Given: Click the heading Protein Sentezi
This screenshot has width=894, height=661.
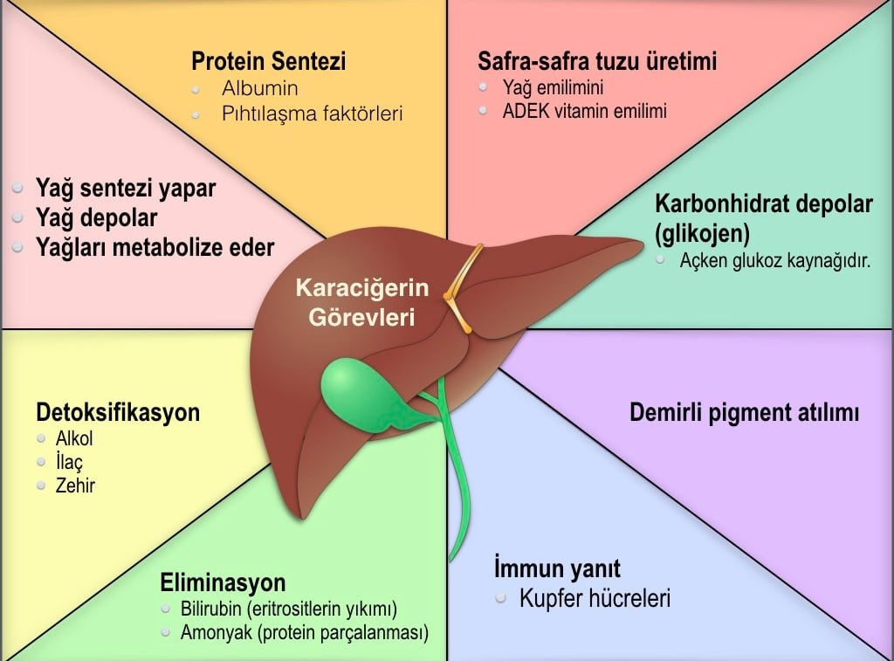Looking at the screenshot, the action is pyautogui.click(x=269, y=61).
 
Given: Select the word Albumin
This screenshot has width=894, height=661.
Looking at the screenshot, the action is pyautogui.click(x=260, y=88).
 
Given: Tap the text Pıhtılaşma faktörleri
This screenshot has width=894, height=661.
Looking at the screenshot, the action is pyautogui.click(x=312, y=114).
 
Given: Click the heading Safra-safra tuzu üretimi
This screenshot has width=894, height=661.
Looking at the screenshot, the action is pyautogui.click(x=597, y=61).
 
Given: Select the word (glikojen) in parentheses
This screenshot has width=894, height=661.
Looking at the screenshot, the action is pyautogui.click(x=703, y=233).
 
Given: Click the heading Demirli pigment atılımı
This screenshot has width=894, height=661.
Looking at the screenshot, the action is pyautogui.click(x=744, y=412).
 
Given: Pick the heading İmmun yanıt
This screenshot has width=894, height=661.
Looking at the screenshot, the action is pyautogui.click(x=557, y=568).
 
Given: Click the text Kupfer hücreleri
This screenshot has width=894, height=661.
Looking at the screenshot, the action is pyautogui.click(x=595, y=599).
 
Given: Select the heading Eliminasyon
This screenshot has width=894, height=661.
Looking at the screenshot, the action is pyautogui.click(x=223, y=582).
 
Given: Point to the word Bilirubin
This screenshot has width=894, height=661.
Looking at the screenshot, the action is pyautogui.click(x=213, y=609).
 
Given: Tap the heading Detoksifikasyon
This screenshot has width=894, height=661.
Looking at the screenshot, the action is pyautogui.click(x=118, y=412).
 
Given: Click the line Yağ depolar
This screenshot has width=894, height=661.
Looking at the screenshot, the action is pyautogui.click(x=96, y=217).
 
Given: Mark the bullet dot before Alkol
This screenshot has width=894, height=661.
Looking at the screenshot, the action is pyautogui.click(x=41, y=438).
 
